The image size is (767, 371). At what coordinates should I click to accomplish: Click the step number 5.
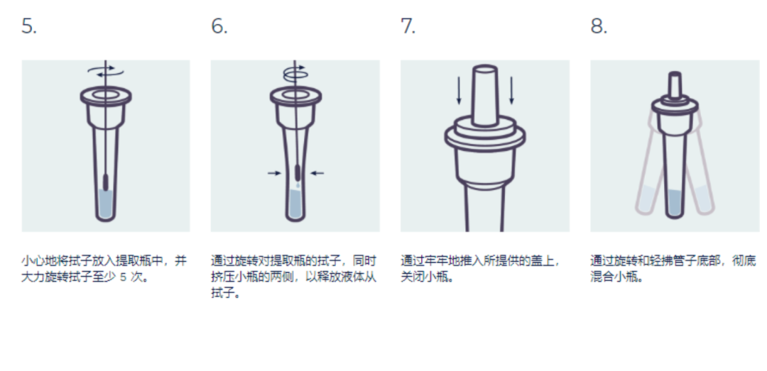click(x=29, y=26)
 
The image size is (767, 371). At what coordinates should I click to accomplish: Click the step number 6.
click(x=219, y=26)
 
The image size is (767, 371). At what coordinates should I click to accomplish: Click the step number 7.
click(x=408, y=26)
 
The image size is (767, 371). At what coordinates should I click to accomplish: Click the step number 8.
click(x=599, y=26)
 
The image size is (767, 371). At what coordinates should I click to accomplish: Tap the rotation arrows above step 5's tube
click(x=106, y=71)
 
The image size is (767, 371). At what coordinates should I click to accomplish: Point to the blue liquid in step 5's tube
click(x=106, y=204)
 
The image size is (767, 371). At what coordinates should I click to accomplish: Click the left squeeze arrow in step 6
click(x=274, y=172)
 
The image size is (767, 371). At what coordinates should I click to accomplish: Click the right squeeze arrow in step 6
click(x=317, y=172)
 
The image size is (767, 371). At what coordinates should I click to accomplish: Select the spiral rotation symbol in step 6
click(x=295, y=72)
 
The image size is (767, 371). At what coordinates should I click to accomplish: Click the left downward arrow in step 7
click(x=459, y=90)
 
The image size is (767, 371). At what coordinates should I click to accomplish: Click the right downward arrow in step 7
click(x=511, y=90)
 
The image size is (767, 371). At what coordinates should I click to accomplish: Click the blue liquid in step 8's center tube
click(x=675, y=203)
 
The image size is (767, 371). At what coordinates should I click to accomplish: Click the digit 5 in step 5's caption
click(x=124, y=277)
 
